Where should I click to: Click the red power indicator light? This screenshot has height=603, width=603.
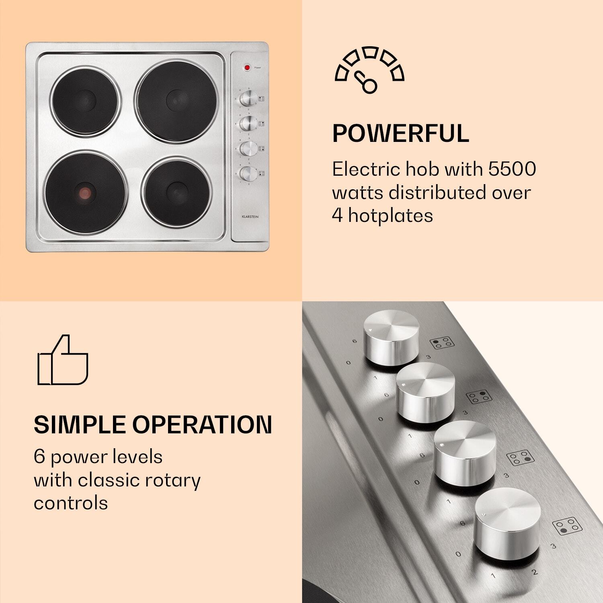coord(247,68)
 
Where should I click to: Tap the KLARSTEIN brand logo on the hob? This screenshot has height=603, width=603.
coord(250,217)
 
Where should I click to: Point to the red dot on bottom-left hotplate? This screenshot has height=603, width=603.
coord(85,192)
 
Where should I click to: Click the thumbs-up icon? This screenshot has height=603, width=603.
coord(62,360)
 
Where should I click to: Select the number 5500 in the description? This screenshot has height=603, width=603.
coord(512,169)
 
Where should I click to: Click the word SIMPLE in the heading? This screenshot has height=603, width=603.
coord(80,425)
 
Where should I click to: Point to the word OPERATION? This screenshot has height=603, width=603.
coord(202,425)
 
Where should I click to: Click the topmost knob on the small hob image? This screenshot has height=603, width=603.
coord(248,98)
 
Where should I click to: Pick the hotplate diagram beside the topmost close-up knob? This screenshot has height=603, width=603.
coord(442,343)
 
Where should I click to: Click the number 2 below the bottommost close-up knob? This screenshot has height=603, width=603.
coord(534,572)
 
